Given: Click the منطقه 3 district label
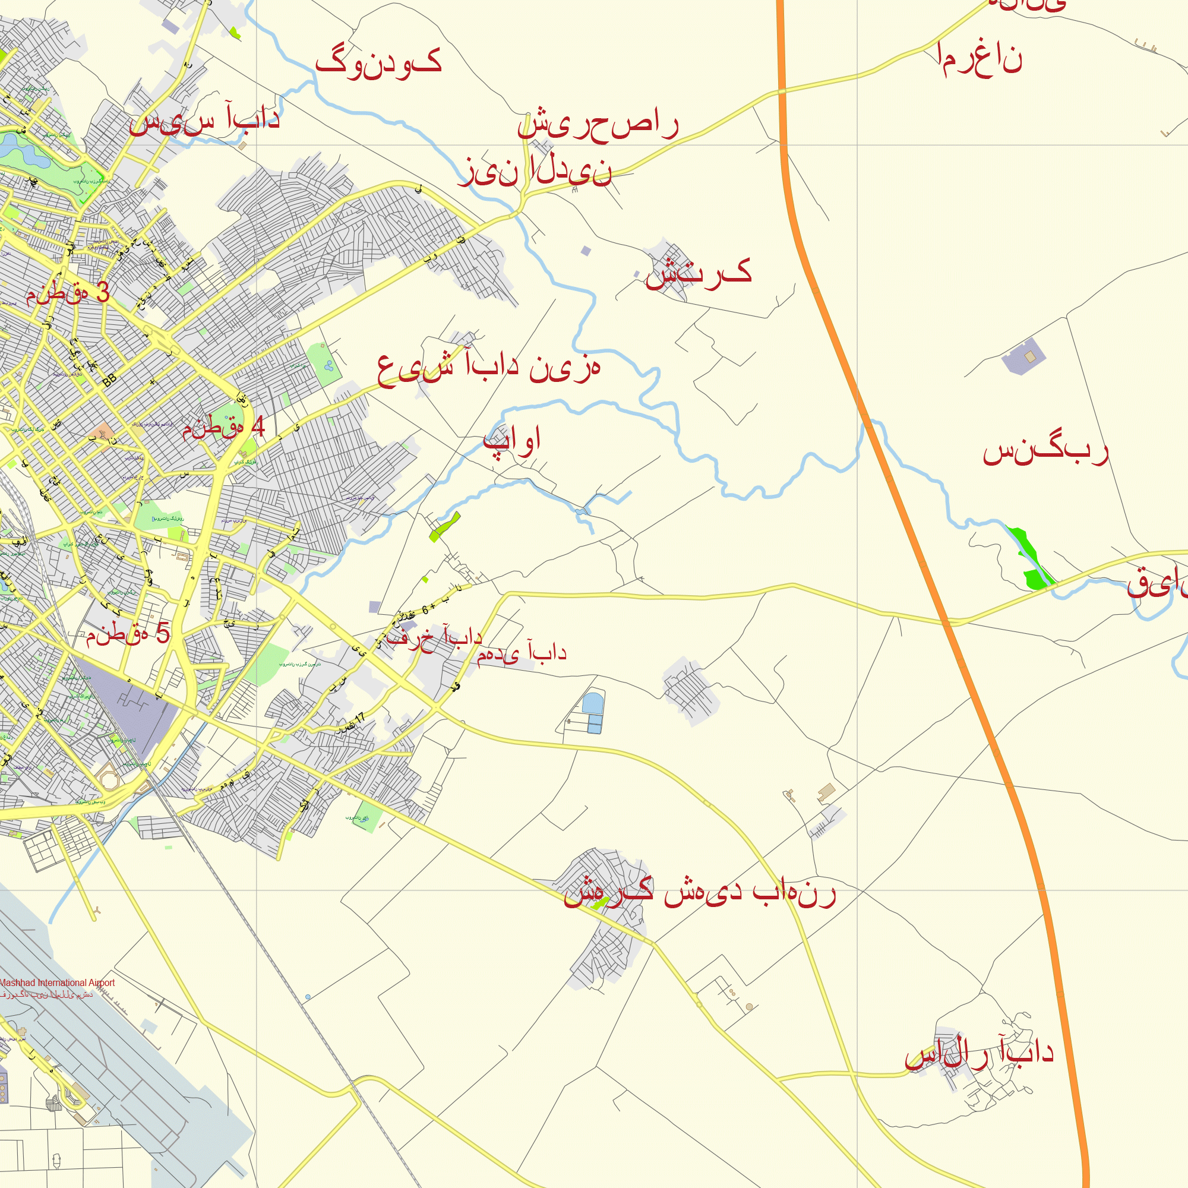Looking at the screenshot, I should tap(68, 293).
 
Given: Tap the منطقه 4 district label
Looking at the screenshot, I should tap(223, 427).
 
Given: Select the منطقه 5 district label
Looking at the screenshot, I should tap(127, 633).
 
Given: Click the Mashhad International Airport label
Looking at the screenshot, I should tap(57, 982).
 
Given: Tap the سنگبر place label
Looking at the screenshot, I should tap(1045, 452).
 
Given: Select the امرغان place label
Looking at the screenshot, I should tap(980, 59).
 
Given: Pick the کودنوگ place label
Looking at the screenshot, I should tap(378, 64).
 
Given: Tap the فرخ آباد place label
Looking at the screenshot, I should tap(434, 637).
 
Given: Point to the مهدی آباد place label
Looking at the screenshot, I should tap(522, 653).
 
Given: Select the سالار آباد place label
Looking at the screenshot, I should tap(979, 1053).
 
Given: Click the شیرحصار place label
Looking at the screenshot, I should tap(598, 125).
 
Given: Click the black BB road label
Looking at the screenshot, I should tap(109, 380).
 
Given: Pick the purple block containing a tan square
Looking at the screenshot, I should tap(1024, 356).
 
